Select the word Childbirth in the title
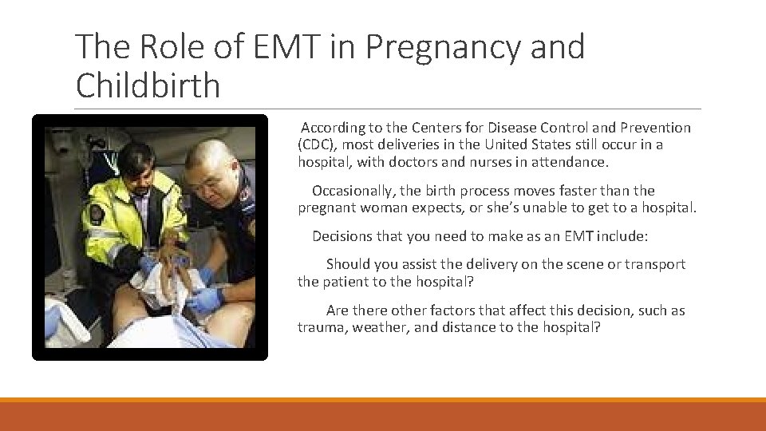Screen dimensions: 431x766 pos(148,85)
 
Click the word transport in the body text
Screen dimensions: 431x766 pos(655,264)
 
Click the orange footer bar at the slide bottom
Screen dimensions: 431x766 pos(383,415)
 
